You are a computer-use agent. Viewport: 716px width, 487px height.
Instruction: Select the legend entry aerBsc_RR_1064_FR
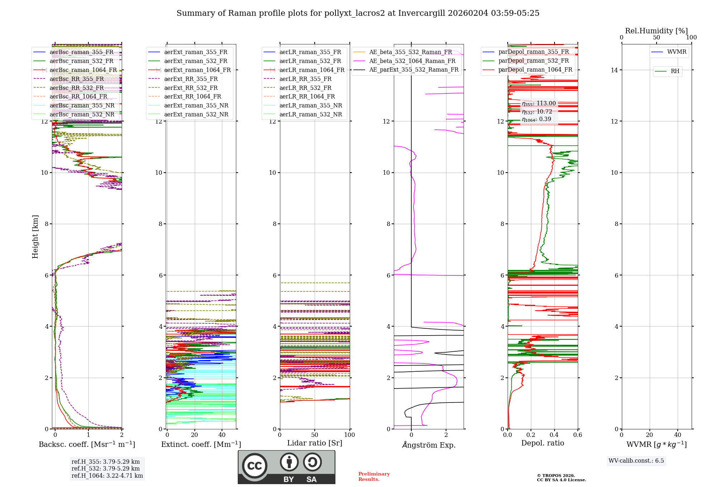coord(78,97)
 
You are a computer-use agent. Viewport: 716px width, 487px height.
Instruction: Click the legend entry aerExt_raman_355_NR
coord(196,106)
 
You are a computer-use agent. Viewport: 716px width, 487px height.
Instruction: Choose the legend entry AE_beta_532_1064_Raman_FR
coord(412,61)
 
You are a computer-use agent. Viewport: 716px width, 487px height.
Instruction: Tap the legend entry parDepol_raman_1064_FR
coord(535,70)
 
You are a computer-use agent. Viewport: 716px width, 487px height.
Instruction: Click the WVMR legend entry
coord(677,52)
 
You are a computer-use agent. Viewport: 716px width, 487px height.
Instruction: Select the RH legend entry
coord(675,71)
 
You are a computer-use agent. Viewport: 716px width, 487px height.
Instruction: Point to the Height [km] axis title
coord(35,236)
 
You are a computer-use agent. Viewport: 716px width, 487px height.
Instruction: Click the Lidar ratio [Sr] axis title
coord(315,443)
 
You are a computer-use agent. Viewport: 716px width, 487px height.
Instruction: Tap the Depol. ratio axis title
coord(542,443)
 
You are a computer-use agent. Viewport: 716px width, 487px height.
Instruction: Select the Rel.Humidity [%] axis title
coord(656,31)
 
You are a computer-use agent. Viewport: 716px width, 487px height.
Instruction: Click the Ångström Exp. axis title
coord(429,445)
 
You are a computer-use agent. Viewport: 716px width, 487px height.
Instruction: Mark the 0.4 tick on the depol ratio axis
coord(554,435)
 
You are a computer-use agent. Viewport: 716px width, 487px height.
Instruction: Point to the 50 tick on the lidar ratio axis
coord(315,435)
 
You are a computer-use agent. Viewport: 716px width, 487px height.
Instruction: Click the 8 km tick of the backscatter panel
coord(46,224)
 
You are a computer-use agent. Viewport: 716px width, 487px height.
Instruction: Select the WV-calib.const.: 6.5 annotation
coord(636,461)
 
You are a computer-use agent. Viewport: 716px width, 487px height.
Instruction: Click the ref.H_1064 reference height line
coord(107,476)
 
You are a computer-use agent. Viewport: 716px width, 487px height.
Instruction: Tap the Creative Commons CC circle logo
coord(255,466)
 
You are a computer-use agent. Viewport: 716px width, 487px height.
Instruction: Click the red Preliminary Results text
coord(374,477)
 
